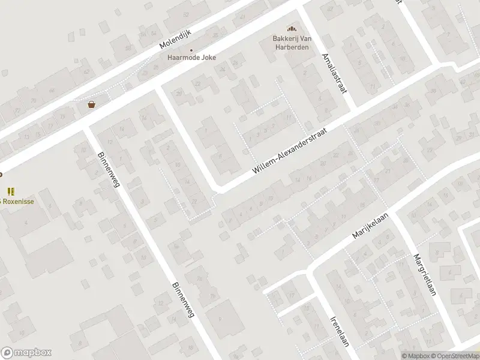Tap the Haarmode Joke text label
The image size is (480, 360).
pos(191,58)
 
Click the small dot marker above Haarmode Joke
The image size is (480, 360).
pos(191,50)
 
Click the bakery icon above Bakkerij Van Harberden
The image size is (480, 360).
pos(292,29)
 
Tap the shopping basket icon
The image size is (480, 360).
pos(91,104)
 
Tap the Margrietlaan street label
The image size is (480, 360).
pos(424,274)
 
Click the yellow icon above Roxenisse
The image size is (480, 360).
pos(11,191)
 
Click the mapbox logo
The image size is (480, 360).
pos(26,352)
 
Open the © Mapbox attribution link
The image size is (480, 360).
pos(416,356)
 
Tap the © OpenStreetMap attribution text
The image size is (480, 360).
pos(455,356)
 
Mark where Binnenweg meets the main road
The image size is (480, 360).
pos(86,127)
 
